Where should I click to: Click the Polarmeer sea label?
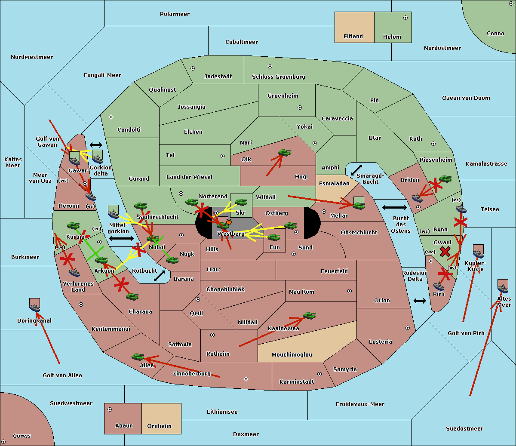(175, 14)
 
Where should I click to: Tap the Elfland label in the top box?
(353, 37)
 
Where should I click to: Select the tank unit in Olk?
(284, 153)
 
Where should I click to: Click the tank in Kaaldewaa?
(309, 316)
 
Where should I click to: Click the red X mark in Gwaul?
(445, 251)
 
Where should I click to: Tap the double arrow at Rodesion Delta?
(420, 301)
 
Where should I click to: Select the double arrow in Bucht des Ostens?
(394, 208)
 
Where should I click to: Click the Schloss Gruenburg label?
(278, 77)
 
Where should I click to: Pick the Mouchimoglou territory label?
(292, 355)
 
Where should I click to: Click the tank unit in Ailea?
(138, 357)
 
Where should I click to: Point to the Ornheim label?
(159, 426)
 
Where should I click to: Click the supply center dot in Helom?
(405, 18)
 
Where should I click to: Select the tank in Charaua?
(132, 297)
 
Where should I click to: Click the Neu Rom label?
(301, 292)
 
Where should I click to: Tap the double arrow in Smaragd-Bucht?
(357, 170)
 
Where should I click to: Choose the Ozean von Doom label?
(466, 98)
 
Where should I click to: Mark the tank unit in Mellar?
(359, 205)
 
